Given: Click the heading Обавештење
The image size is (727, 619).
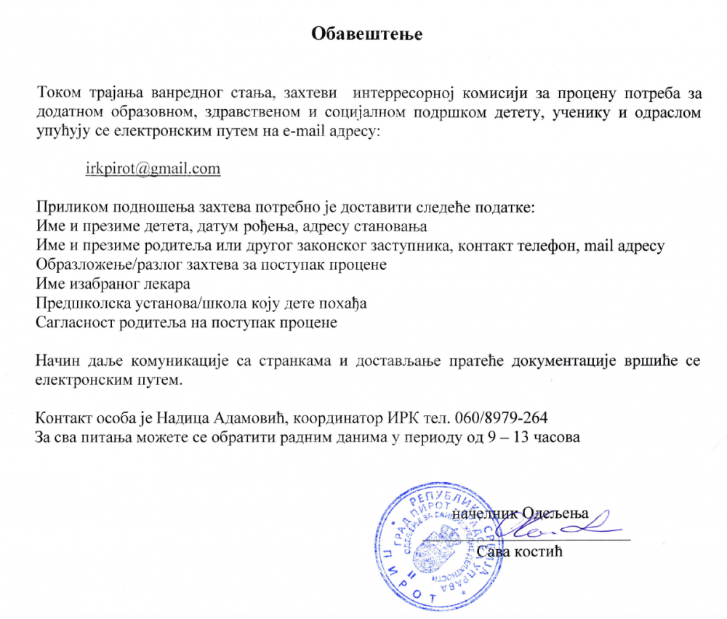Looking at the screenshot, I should click(366, 34).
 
